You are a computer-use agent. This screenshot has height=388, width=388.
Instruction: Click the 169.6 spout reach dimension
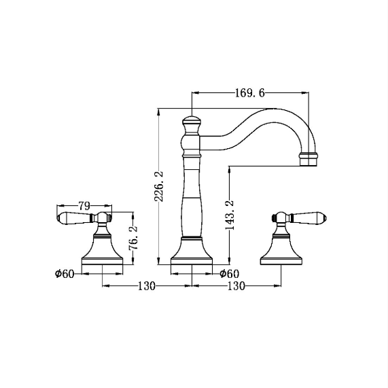click(249, 93)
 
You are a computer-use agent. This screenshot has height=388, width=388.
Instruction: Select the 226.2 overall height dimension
click(159, 186)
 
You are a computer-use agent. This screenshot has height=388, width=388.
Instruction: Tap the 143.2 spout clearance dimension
click(230, 215)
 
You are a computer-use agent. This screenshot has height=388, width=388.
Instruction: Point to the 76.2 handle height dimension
click(133, 238)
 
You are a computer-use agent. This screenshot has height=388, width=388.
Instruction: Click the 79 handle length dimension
click(84, 205)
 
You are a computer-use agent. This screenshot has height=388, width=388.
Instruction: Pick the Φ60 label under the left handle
click(65, 274)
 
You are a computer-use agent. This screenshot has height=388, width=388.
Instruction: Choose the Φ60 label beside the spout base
click(230, 274)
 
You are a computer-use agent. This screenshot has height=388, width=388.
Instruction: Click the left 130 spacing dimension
click(146, 286)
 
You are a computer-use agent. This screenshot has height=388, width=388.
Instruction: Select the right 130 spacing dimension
click(236, 286)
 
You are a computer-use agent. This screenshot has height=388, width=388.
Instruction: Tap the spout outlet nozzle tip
click(308, 160)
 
